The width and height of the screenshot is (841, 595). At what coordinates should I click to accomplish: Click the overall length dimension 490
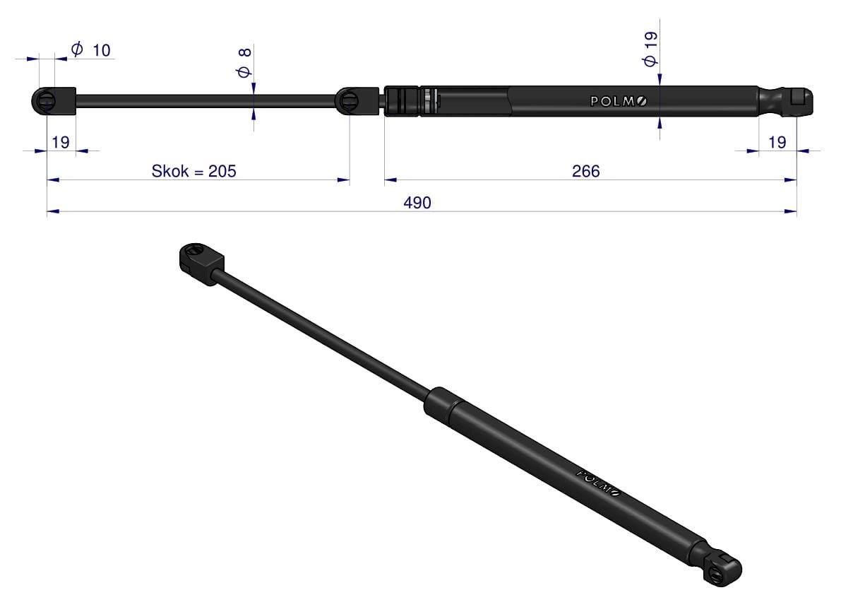point(417,203)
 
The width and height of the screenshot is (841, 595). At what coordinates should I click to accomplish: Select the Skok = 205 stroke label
point(193,171)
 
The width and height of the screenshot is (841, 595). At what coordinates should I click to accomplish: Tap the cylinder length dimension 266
point(585,171)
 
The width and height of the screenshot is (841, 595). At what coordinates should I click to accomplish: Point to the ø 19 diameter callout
point(650,49)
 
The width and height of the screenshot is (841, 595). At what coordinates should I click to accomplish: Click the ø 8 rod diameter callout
point(244,63)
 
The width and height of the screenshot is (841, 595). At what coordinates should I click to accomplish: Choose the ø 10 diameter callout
point(90,50)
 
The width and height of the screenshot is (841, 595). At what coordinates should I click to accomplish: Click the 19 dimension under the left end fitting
point(61,142)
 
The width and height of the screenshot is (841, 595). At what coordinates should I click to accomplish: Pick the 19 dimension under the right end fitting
point(777,142)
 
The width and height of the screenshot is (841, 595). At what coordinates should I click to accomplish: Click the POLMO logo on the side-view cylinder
point(619,101)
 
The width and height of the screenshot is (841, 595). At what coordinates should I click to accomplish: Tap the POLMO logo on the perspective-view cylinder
point(598,483)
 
